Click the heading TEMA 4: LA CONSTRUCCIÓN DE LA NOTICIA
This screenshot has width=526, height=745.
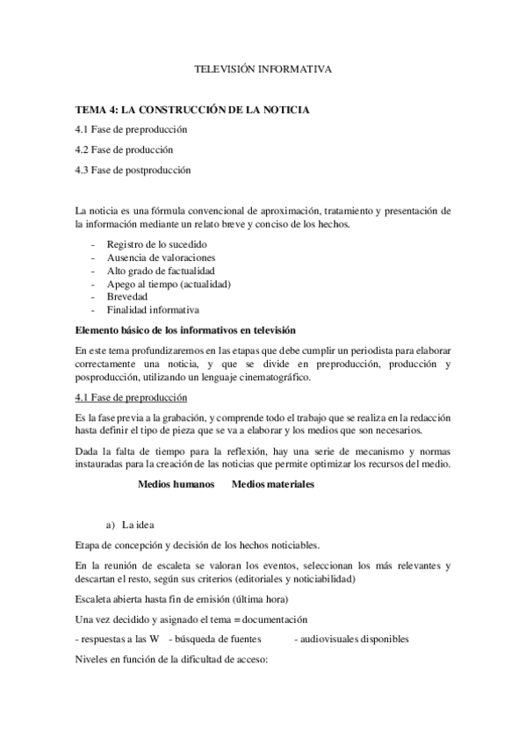coord(191,110)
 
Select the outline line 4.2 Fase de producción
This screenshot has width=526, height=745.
coord(124,149)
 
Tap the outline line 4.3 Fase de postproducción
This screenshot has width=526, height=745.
coord(133,170)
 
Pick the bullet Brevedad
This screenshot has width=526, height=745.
coord(127,297)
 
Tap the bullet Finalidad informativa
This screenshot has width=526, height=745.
coord(153,310)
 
